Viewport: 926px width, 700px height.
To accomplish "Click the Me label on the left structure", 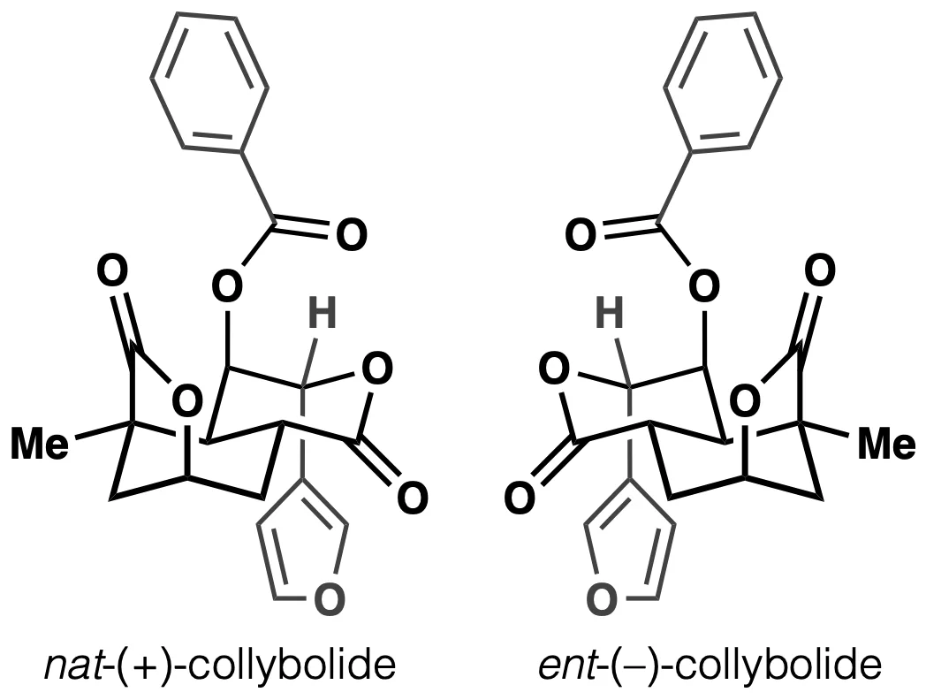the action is [x=40, y=444].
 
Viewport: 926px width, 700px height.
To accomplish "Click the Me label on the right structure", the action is [x=886, y=444].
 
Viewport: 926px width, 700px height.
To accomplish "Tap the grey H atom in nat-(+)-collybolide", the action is [x=323, y=313].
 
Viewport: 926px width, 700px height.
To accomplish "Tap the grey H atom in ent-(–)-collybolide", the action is [x=610, y=313].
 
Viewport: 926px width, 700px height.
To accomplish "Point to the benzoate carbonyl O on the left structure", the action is [x=352, y=234].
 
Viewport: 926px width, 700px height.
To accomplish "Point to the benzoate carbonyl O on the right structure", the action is [x=581, y=234].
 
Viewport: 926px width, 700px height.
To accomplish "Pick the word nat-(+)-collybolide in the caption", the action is [x=220, y=666].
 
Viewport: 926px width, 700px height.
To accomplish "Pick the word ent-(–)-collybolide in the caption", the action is [x=710, y=666].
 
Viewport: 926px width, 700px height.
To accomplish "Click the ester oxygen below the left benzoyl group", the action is [x=227, y=286].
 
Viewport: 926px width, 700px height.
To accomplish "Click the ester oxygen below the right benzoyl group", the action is [x=704, y=286].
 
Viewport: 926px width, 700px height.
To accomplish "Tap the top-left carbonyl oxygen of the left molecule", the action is [x=111, y=270].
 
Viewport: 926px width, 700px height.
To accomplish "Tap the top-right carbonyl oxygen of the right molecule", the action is [x=820, y=270].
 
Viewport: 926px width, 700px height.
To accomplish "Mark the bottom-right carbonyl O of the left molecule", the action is [x=412, y=498].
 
